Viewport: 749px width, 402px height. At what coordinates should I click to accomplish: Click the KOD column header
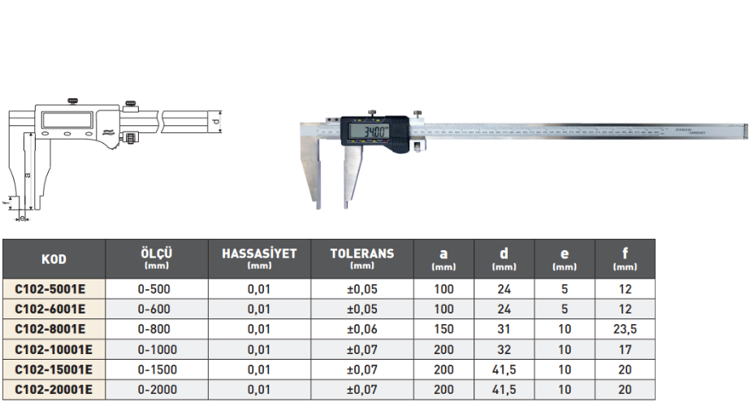click(x=54, y=259)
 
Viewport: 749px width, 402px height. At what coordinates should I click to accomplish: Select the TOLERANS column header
click(x=362, y=253)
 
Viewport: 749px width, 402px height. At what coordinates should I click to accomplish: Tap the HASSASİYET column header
click(x=259, y=253)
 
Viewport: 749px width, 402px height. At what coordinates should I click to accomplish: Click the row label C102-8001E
click(x=50, y=329)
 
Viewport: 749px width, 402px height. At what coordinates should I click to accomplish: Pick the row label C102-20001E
click(x=54, y=390)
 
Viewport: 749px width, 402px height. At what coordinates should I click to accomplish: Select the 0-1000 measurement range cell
click(x=157, y=349)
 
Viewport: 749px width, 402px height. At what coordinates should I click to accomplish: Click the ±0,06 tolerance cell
click(x=362, y=329)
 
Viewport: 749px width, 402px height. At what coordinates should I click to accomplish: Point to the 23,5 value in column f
click(x=625, y=329)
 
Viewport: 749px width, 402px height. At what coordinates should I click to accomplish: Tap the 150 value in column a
click(x=444, y=329)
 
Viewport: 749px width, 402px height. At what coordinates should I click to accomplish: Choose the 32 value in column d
click(x=504, y=349)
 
